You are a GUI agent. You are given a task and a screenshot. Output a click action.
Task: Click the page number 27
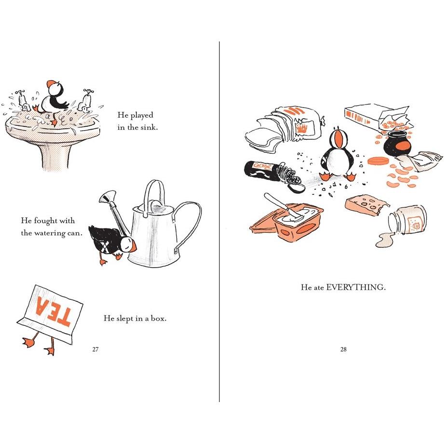click(95, 349)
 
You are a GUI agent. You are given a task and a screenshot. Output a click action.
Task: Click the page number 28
click(343, 349)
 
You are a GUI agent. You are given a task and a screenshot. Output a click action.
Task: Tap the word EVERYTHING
click(356, 287)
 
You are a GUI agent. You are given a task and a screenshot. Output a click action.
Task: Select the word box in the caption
click(159, 318)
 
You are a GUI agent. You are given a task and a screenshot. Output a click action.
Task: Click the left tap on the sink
click(23, 101)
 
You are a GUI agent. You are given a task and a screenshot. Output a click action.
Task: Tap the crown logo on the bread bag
click(302, 129)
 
